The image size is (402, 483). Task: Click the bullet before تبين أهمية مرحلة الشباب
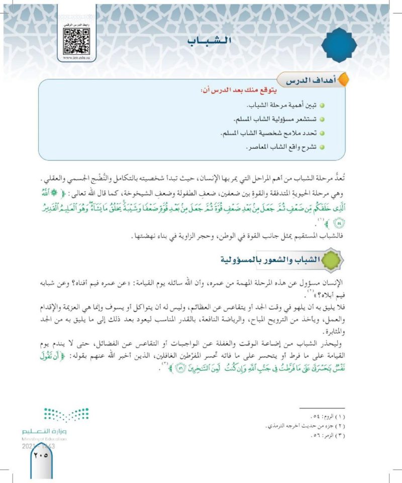[x=322, y=108]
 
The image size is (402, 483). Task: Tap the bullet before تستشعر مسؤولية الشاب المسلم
[x=322, y=122]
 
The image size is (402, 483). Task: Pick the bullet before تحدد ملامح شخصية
[x=322, y=135]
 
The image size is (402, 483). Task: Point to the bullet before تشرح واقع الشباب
[x=322, y=148]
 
